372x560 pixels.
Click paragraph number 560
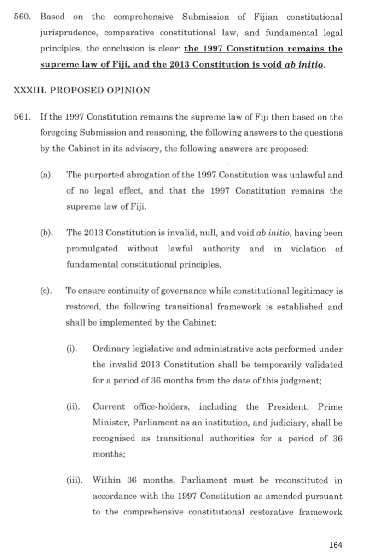tap(21, 17)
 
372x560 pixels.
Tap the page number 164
tap(336, 545)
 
